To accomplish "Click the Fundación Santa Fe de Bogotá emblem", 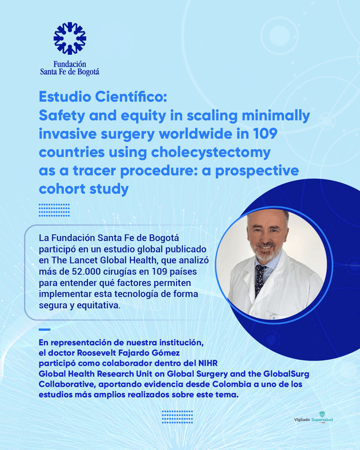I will [70, 38].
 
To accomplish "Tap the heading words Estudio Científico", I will [103, 97].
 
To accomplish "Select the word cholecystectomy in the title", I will [211, 152].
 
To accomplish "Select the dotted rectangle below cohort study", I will [54, 210].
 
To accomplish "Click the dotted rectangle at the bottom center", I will [177, 417].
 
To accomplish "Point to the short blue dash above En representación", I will [44, 330].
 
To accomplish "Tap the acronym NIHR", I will [208, 363].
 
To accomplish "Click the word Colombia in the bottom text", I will [232, 384].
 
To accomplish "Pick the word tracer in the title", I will [94, 171].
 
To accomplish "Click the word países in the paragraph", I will [183, 272].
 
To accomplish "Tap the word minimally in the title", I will [276, 116].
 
